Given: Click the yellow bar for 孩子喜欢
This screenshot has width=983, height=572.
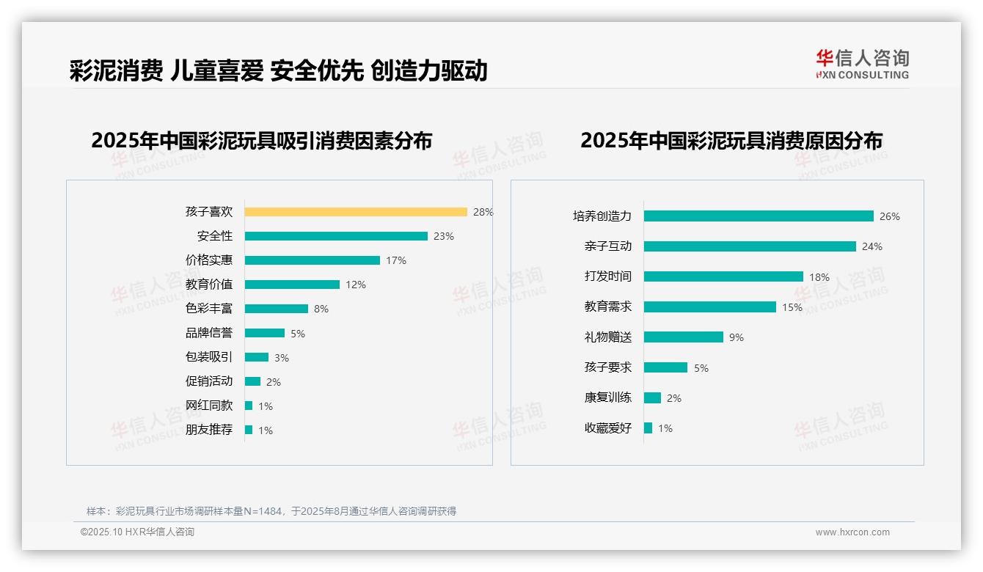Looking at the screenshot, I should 356,212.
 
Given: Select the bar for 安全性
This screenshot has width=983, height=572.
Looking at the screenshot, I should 336,236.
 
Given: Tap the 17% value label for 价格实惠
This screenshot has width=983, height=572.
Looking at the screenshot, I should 396,260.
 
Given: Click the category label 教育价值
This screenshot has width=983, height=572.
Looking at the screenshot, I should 209,285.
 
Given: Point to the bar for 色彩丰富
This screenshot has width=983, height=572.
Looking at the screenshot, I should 277,309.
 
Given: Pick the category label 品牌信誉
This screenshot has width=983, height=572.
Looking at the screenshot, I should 209,333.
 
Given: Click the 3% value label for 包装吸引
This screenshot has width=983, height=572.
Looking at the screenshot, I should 282,358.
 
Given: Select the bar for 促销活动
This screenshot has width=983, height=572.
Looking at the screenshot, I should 253,381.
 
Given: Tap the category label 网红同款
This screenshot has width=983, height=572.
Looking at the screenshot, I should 209,406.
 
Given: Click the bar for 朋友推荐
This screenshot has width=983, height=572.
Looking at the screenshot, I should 249,430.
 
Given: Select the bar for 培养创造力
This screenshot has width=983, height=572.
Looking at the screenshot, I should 759,216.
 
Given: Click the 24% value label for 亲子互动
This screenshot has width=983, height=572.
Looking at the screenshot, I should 872,246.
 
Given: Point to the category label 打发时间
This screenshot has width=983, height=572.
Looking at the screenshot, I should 608,276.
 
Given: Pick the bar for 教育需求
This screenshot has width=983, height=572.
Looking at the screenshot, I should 710,307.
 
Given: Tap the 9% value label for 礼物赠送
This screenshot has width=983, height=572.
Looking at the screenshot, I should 737,337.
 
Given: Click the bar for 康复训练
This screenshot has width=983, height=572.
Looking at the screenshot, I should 652,398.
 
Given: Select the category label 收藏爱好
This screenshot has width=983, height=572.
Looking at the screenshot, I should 608,428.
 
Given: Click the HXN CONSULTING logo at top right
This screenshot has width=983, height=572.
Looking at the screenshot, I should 863,65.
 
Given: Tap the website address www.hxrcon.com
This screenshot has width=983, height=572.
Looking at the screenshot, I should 852,532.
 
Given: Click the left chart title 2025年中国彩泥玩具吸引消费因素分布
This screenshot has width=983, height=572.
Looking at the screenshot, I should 262,141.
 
